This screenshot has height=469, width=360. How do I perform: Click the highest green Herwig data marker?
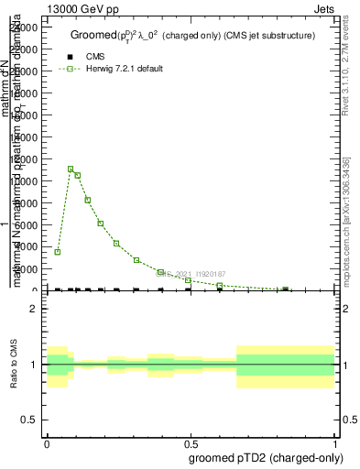[71, 169]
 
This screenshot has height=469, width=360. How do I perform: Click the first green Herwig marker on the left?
[58, 252]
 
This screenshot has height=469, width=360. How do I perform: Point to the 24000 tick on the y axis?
[25, 27]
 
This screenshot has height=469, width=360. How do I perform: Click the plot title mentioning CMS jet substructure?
[192, 36]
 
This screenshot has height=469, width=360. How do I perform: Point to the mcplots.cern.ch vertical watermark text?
[345, 234]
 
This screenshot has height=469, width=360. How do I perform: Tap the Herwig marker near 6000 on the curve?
[101, 224]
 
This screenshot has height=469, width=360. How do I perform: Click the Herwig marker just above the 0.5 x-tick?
[188, 280]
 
